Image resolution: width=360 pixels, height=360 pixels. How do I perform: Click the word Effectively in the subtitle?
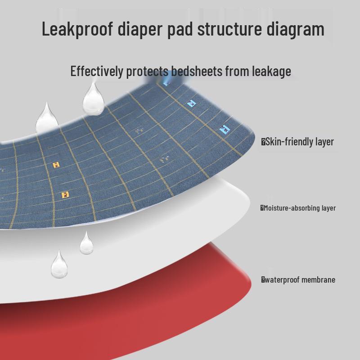coord(96,71)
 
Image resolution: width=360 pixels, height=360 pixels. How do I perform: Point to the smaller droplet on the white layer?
coord(86,243)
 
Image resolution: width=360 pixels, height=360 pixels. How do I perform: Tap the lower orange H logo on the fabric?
coord(66,195)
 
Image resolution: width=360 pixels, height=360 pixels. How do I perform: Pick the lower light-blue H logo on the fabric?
coord(224,129)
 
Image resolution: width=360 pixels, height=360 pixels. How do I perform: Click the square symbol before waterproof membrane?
coord(263,280)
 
